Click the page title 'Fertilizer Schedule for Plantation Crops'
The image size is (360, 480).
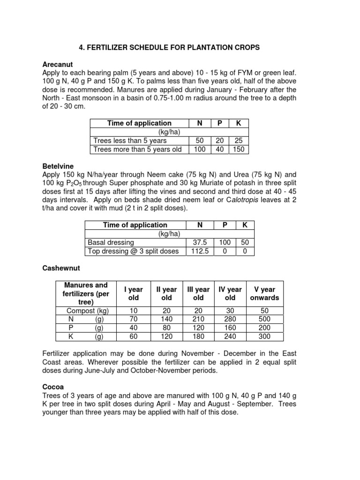click(168, 48)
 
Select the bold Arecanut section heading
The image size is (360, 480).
click(58, 64)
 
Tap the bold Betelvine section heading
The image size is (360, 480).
click(58, 166)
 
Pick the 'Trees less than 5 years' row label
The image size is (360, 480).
click(130, 141)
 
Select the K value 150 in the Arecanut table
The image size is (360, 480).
click(239, 150)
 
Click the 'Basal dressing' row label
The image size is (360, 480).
click(111, 242)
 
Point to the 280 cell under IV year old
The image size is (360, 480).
click(230, 319)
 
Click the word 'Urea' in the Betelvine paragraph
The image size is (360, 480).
click(234, 174)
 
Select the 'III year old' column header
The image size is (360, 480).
click(198, 293)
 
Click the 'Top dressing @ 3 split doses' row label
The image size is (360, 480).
click(133, 251)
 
